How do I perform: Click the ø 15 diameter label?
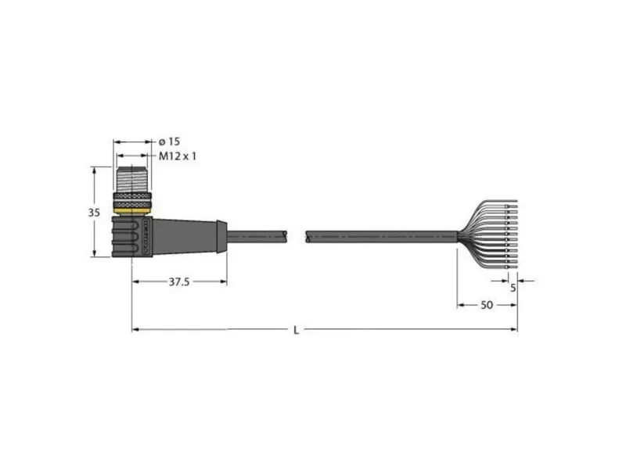[169, 141]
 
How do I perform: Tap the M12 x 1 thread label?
[178, 156]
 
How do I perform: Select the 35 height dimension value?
[94, 213]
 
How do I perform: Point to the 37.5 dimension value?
[179, 282]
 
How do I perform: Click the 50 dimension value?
[487, 305]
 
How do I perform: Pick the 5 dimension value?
[513, 287]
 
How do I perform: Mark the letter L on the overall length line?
[297, 330]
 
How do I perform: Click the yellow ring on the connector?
[132, 211]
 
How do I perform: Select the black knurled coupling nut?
[132, 200]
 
